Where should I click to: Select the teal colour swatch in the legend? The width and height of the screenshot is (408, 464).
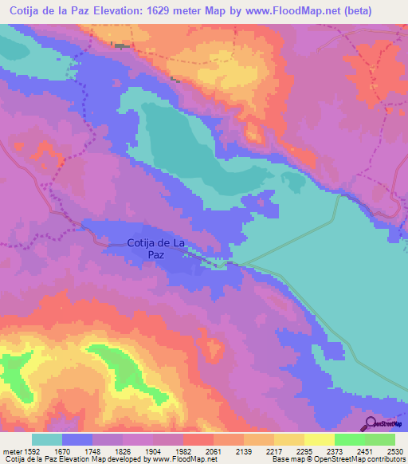click(47, 439)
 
